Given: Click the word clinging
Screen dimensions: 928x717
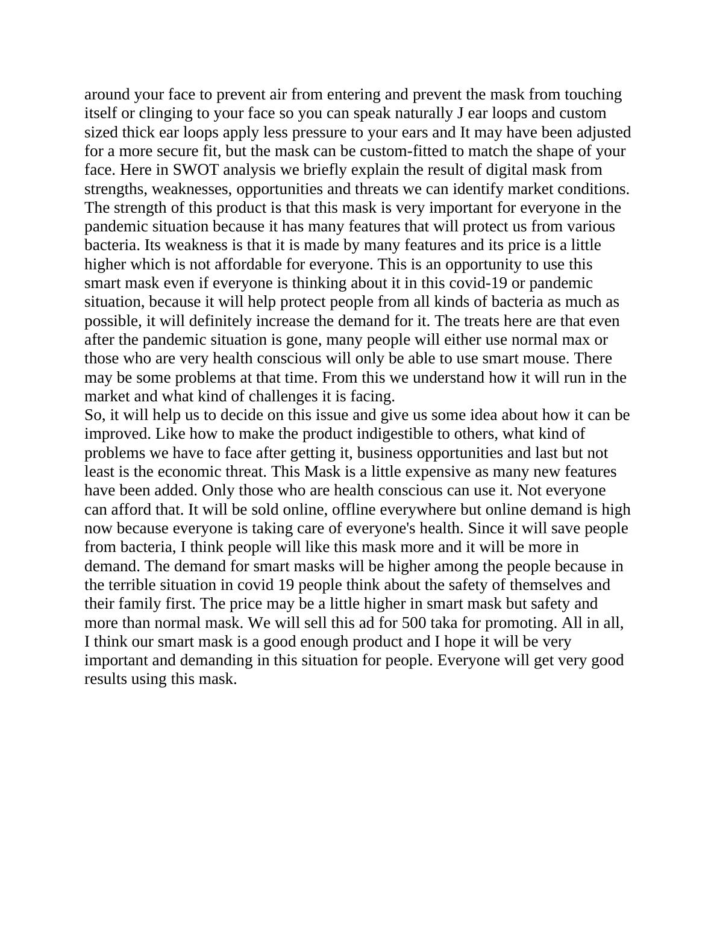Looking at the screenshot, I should point(164,113).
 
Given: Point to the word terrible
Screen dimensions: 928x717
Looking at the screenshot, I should point(136,585).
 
